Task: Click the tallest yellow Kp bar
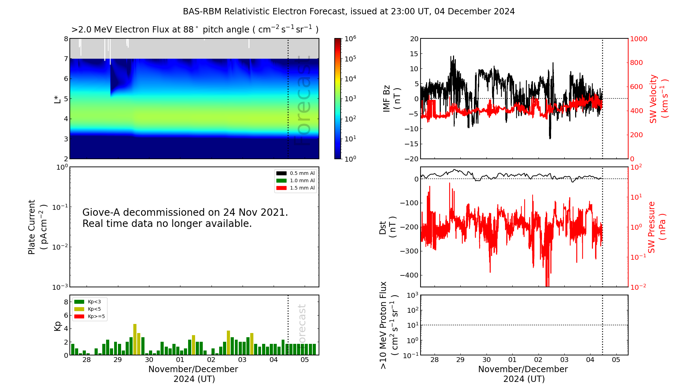pos(135,339)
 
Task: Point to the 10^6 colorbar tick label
pos(350,38)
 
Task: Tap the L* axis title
pos(57,98)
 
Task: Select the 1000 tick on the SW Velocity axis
pos(638,39)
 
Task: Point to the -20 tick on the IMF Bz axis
pos(411,159)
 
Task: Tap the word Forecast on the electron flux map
pos(302,101)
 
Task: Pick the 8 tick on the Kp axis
pos(66,302)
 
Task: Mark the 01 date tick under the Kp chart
pos(180,360)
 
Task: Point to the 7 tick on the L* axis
pos(66,59)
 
